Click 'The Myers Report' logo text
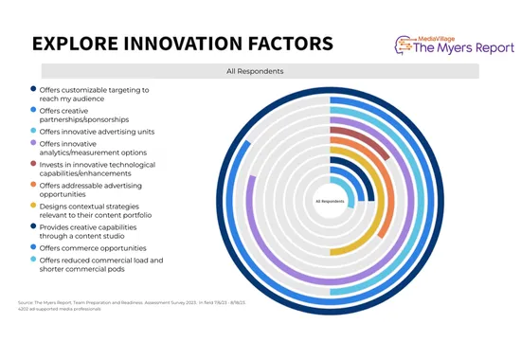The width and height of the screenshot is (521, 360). point(454,50)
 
